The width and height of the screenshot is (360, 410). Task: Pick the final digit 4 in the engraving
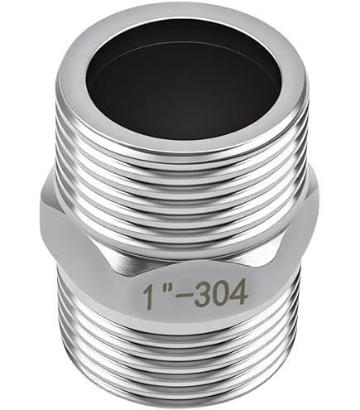click(238, 289)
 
